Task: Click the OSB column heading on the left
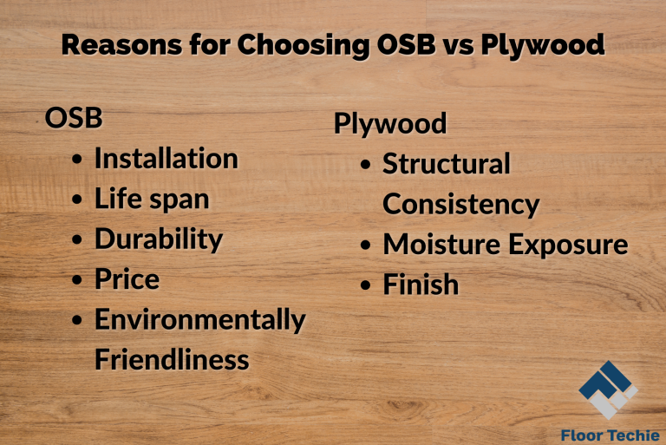click(74, 118)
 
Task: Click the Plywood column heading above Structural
click(389, 123)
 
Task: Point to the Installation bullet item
click(166, 159)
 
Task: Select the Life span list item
click(152, 199)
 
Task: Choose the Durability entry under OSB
click(159, 239)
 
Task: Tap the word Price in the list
click(127, 279)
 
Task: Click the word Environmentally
click(199, 319)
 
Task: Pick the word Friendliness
click(172, 359)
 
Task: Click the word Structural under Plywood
click(447, 163)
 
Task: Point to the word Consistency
click(460, 204)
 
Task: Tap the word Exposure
click(567, 245)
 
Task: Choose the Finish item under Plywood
click(421, 285)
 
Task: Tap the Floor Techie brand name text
click(610, 435)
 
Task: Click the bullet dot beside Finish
click(367, 285)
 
